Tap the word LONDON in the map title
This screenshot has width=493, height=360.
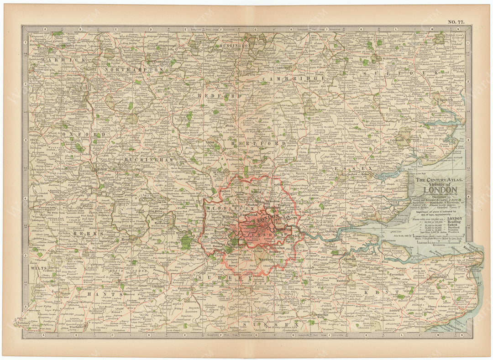tap(440, 190)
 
